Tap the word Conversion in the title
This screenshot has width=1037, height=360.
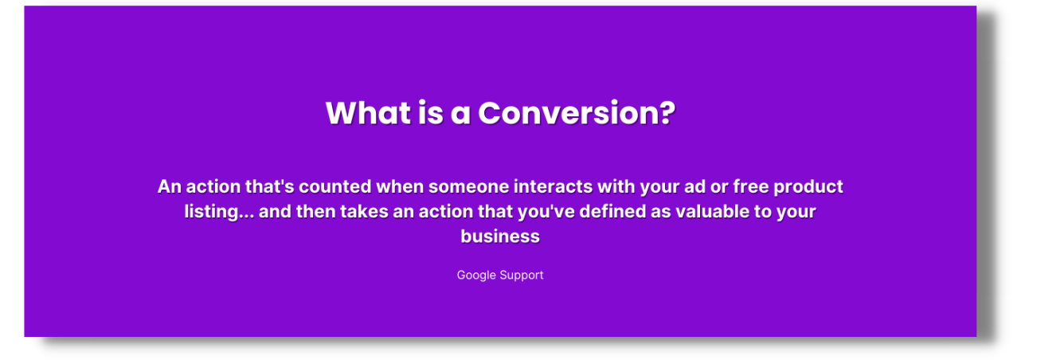[569, 113]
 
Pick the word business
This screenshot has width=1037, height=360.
[500, 237]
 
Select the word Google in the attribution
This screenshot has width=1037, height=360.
[475, 276]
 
